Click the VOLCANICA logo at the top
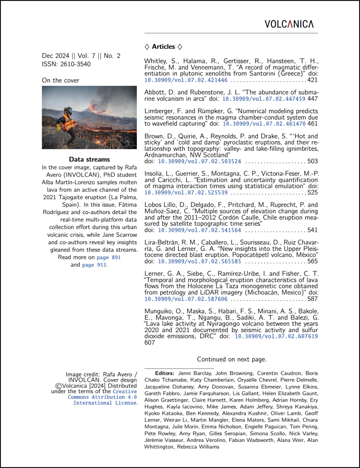pos(289,24)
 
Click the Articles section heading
pos(163,46)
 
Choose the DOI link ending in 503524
pos(200,162)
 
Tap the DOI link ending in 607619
pos(276,336)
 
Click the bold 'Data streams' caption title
pos(89,159)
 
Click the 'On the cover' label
pos(61,81)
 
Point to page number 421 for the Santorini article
pos(313,81)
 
